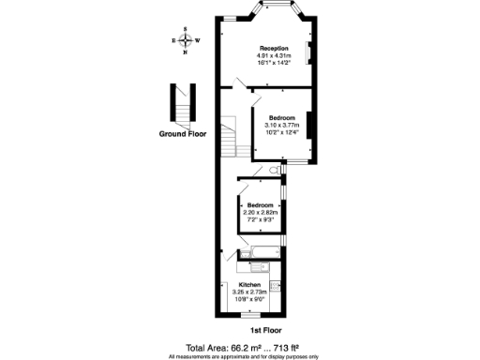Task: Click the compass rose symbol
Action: point(186,40)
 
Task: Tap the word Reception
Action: point(273,48)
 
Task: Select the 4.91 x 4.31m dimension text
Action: point(273,55)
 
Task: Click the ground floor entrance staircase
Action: point(181,104)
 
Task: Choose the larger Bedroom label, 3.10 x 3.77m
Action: point(281,118)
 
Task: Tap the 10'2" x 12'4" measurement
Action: point(281,132)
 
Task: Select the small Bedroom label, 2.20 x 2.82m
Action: point(260,205)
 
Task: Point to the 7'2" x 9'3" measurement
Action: point(260,219)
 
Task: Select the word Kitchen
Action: point(249,284)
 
